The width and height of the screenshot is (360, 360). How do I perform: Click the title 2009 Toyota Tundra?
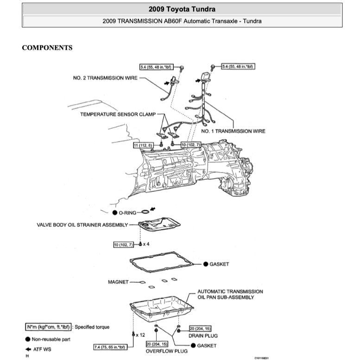point(182,9)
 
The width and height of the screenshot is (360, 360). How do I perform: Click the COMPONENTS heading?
point(47,48)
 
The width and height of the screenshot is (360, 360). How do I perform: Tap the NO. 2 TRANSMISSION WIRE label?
point(105,78)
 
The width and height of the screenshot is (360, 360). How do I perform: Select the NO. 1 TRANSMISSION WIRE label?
point(233,131)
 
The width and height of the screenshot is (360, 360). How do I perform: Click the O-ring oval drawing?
point(145,211)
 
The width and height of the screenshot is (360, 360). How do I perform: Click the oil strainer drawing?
point(159,226)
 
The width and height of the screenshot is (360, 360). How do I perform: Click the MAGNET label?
point(118,282)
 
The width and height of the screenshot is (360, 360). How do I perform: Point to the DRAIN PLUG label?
point(203,335)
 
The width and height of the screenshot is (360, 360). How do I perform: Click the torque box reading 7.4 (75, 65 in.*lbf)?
point(111,347)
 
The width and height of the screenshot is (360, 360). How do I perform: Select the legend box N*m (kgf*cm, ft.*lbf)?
point(48,327)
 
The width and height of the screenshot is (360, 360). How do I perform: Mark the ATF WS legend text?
point(43,349)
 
